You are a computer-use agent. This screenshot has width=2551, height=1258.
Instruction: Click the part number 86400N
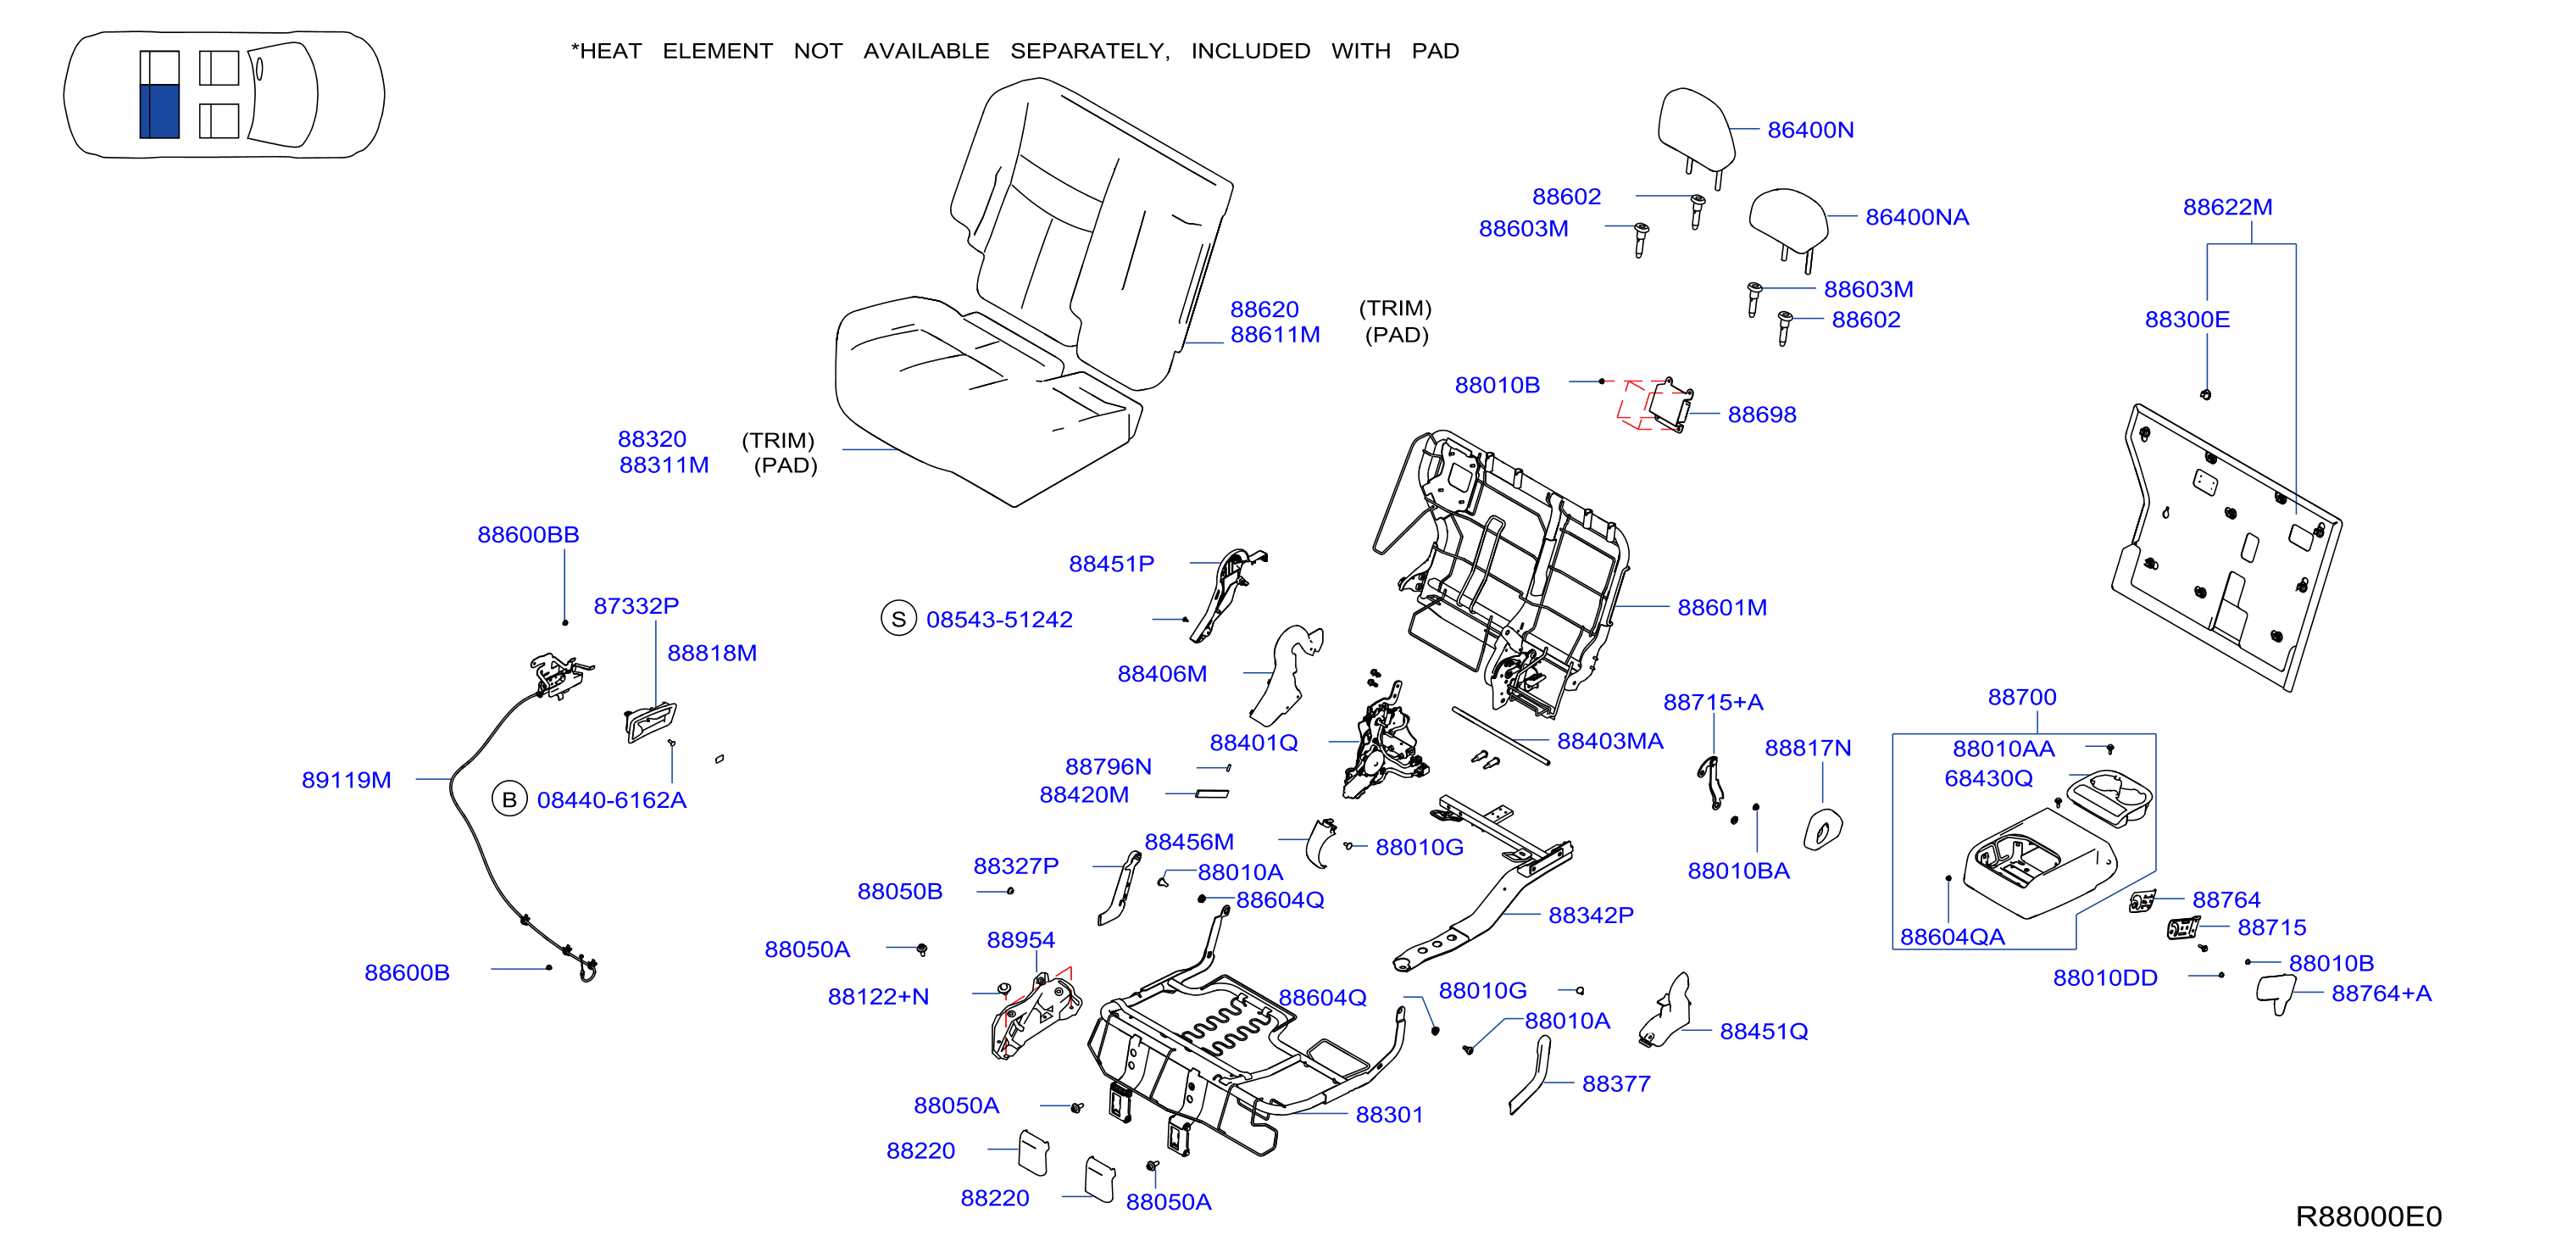(1810, 130)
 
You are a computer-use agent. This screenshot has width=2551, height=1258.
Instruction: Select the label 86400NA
(1917, 217)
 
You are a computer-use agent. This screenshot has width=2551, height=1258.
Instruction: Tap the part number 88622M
(2227, 207)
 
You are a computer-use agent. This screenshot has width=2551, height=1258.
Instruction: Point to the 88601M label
(1722, 607)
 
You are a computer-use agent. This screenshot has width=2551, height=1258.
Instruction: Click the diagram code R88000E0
(2369, 1216)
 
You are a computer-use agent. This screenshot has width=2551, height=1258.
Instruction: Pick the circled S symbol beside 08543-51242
(898, 619)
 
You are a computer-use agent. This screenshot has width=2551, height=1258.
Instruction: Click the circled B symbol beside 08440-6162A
(509, 799)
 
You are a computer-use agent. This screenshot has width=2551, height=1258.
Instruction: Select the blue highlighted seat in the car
(159, 111)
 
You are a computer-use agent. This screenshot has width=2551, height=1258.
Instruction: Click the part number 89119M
(347, 780)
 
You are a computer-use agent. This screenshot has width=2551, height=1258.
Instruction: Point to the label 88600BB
(528, 535)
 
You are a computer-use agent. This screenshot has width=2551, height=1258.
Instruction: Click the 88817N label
(1807, 748)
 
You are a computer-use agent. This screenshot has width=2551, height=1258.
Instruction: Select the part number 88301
(1389, 1115)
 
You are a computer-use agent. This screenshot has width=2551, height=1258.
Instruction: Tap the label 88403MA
(1610, 741)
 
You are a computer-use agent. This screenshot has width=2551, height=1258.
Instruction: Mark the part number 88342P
(1591, 916)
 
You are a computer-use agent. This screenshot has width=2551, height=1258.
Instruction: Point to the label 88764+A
(2381, 994)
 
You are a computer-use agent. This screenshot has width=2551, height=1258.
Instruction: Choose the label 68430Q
(1988, 778)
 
